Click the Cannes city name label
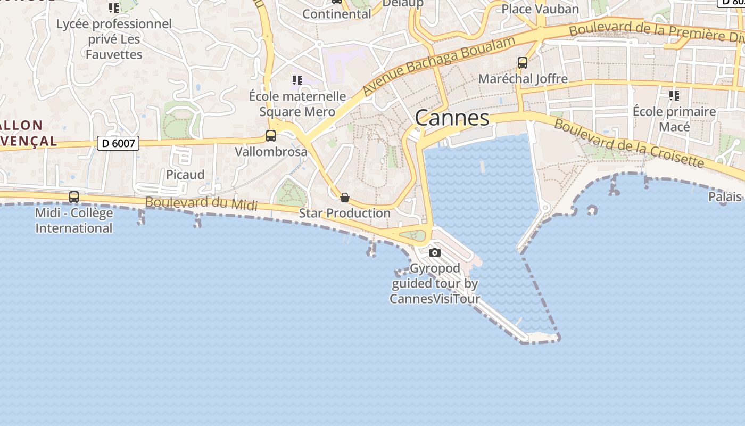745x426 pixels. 452,118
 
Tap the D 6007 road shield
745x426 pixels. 118,143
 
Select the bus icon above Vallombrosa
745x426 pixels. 271,136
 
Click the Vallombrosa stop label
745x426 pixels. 271,152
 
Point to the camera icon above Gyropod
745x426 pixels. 435,252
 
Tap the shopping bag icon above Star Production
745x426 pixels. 345,198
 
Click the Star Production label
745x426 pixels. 345,213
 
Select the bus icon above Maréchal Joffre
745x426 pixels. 523,63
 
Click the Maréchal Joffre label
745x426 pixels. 523,79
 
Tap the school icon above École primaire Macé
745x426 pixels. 674,96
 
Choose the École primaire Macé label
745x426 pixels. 674,119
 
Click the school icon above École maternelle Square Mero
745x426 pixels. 297,80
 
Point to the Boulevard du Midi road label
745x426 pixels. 201,204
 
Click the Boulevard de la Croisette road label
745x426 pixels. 629,143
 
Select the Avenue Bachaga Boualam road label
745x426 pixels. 439,66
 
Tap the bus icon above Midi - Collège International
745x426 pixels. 74,197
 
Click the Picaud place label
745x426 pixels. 185,175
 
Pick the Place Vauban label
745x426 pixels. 540,9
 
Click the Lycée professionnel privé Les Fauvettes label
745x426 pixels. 114,39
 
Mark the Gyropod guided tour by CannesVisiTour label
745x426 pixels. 435,283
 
